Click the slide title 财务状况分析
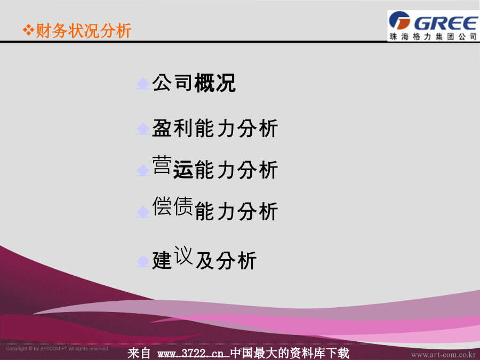(84, 30)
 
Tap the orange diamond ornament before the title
(28, 30)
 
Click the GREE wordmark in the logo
(446, 23)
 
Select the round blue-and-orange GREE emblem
(399, 20)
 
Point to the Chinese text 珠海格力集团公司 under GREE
(433, 36)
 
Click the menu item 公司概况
(194, 83)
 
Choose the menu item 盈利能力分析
(215, 128)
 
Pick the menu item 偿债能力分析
(215, 209)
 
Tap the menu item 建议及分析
(204, 258)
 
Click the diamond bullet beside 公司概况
(143, 84)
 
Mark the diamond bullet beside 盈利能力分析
(143, 129)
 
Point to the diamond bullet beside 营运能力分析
(143, 170)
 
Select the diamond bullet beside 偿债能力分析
(143, 212)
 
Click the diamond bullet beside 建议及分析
(143, 261)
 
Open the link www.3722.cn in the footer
(190, 354)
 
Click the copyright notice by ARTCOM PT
(58, 349)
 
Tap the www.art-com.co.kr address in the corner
(443, 355)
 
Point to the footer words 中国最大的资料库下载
(290, 353)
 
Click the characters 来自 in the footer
(139, 353)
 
